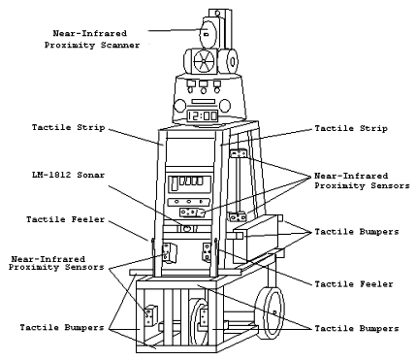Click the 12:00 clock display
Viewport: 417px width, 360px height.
pyautogui.click(x=203, y=115)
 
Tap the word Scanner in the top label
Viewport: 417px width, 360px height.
pyautogui.click(x=120, y=45)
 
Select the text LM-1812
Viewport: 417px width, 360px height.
pyautogui.click(x=51, y=175)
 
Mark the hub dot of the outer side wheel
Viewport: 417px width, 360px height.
pyautogui.click(x=274, y=312)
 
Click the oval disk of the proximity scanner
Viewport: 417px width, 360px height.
pyautogui.click(x=207, y=33)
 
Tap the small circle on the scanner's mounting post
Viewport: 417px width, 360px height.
pyautogui.click(x=217, y=14)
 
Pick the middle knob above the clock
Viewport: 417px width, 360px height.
pyautogui.click(x=204, y=85)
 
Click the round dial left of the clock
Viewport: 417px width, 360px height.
pyautogui.click(x=179, y=106)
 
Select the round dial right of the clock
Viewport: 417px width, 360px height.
pyautogui.click(x=225, y=106)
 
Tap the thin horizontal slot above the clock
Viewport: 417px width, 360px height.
pyautogui.click(x=203, y=102)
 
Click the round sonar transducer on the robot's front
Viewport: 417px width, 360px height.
pyautogui.click(x=186, y=229)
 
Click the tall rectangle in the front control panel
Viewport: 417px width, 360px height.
pyautogui.click(x=175, y=183)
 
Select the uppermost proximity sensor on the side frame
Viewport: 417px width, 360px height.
pyautogui.click(x=239, y=153)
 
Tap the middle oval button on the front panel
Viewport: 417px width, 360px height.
pyautogui.click(x=189, y=202)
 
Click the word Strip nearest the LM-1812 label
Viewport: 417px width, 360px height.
pyautogui.click(x=91, y=127)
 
